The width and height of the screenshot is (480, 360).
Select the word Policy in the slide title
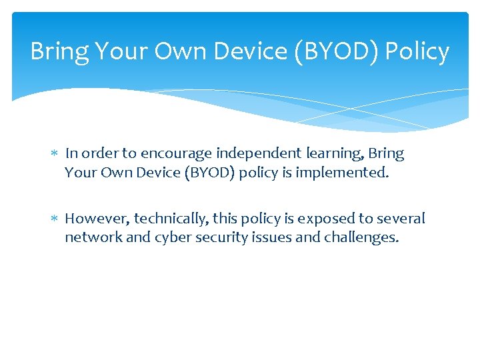[417, 52]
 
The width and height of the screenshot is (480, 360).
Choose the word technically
[171, 219]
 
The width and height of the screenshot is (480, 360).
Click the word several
[402, 219]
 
